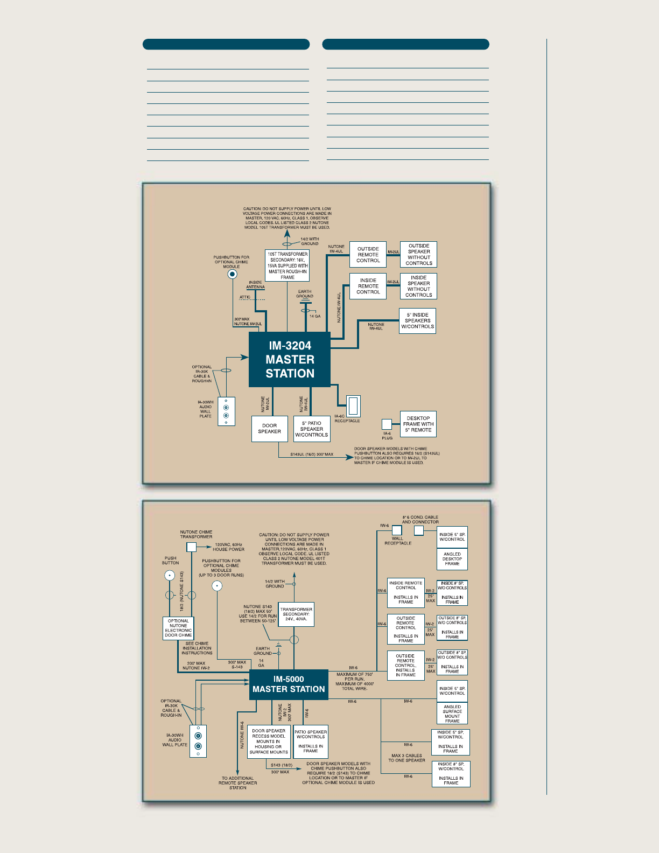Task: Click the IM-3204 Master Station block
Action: [290, 359]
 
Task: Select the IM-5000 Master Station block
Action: [289, 684]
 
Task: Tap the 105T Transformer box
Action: [288, 265]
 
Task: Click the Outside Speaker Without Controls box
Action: [418, 255]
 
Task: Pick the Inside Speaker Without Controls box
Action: [418, 286]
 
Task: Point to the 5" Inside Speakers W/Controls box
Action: [417, 321]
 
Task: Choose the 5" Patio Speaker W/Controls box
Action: [311, 429]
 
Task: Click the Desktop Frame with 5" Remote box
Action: [418, 424]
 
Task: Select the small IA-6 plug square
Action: [387, 424]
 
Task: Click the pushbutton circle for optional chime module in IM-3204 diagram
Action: [232, 274]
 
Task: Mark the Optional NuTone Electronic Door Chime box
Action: [178, 628]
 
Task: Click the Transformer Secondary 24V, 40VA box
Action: [296, 614]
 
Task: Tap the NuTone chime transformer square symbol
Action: [191, 547]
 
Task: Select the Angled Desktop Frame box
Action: [452, 559]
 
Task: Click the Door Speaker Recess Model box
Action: [269, 742]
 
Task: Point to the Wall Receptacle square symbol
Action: [397, 530]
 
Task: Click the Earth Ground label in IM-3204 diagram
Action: [305, 294]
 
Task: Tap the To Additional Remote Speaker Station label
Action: [237, 783]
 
